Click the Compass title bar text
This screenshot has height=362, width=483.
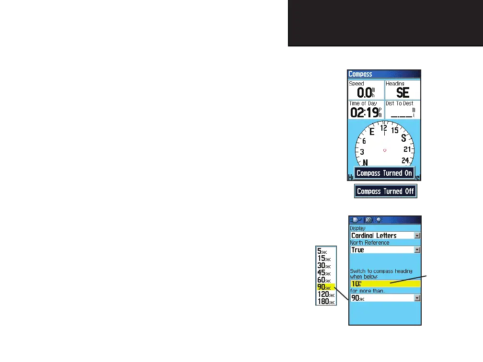pyautogui.click(x=360, y=74)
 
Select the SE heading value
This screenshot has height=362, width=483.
pyautogui.click(x=402, y=92)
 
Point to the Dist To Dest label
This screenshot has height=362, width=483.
pyautogui.click(x=400, y=103)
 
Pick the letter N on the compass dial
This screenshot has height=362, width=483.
pyautogui.click(x=365, y=163)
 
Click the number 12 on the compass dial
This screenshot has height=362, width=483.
pyautogui.click(x=383, y=128)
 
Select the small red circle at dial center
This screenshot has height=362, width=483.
pyautogui.click(x=384, y=150)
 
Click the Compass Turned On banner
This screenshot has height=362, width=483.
pyautogui.click(x=384, y=173)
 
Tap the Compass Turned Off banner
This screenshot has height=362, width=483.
pyautogui.click(x=386, y=191)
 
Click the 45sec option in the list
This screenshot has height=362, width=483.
pyautogui.click(x=324, y=272)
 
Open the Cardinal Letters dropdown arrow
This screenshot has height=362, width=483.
pyautogui.click(x=417, y=236)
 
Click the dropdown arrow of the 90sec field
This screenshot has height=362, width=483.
pyautogui.click(x=417, y=298)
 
